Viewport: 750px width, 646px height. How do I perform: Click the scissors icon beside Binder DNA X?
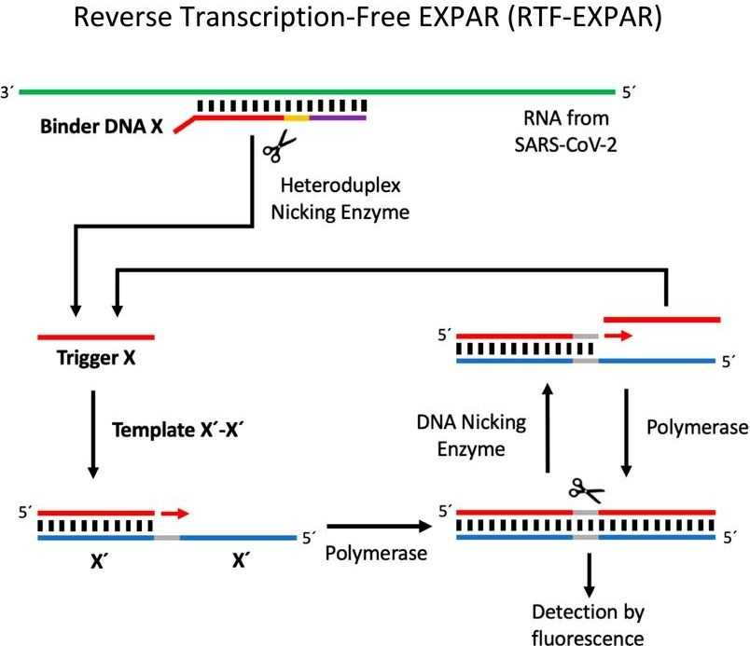(x=279, y=145)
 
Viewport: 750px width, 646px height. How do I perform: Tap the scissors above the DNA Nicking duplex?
(x=587, y=490)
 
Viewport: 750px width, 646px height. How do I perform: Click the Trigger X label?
(x=96, y=358)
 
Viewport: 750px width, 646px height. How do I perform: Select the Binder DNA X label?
(x=102, y=127)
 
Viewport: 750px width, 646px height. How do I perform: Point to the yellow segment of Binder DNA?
(x=297, y=117)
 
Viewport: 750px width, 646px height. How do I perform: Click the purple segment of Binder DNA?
(x=338, y=117)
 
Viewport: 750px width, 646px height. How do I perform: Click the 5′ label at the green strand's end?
(x=629, y=92)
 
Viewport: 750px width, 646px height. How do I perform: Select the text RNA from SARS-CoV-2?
(x=566, y=131)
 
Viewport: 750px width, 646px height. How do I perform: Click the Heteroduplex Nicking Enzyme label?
(x=340, y=199)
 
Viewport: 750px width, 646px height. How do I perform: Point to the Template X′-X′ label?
(x=177, y=430)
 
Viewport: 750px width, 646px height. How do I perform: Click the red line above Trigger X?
(x=96, y=337)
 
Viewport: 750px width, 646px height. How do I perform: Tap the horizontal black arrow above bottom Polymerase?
(x=380, y=527)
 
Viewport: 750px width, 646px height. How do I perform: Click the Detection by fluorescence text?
(x=588, y=624)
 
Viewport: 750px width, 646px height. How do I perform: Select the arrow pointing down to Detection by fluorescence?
(x=590, y=575)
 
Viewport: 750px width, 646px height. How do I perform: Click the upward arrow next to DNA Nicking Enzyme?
(x=549, y=428)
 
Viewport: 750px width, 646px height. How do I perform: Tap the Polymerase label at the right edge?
(x=698, y=428)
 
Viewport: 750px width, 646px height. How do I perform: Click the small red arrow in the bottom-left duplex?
(x=175, y=514)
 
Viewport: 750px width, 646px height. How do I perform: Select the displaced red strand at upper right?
(x=662, y=320)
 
